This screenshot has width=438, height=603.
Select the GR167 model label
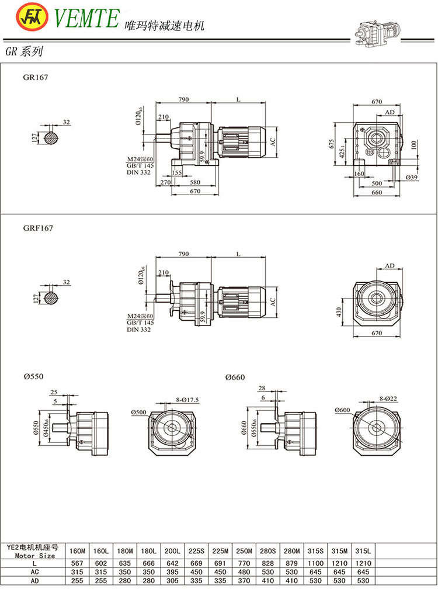(36, 77)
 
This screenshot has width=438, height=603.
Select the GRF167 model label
(39, 228)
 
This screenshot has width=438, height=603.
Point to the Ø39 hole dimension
(411, 177)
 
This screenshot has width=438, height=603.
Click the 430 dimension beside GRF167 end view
(338, 313)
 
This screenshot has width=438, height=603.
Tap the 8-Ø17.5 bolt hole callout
(187, 399)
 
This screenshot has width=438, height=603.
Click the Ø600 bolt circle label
(343, 410)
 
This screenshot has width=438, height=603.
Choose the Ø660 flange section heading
(235, 377)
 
